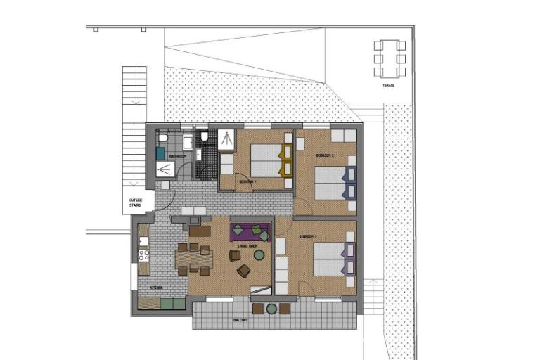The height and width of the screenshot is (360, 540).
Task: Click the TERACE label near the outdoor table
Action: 388,86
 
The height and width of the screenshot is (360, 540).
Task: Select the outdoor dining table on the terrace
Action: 390,58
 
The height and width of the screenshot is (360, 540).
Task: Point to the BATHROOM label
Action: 176,156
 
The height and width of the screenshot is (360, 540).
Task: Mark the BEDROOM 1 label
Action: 247,182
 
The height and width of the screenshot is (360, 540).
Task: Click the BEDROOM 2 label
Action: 324,155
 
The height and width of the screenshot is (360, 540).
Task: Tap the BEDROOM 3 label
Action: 308,236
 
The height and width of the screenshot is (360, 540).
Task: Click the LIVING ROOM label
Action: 247,245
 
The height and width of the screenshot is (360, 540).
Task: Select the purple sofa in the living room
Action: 250,229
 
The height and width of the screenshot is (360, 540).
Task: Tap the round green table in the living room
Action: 259,255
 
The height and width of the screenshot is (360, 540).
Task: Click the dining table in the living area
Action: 194,258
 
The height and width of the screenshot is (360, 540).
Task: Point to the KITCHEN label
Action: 155,288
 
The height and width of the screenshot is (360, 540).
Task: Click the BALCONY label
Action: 241,320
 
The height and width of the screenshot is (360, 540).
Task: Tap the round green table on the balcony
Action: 271,308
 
